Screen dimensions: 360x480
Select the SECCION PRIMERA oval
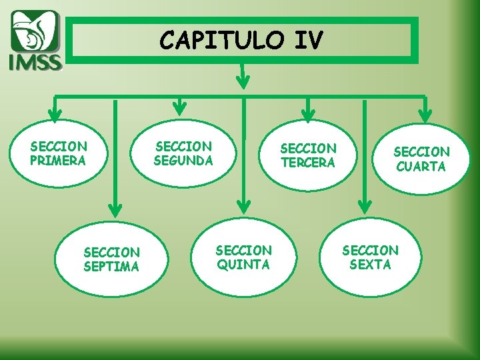click(x=59, y=153)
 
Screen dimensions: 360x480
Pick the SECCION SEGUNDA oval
click(x=183, y=153)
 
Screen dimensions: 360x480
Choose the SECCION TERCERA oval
click(x=308, y=155)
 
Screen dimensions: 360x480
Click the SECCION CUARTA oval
click(x=421, y=159)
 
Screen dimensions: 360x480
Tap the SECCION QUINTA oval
click(x=243, y=257)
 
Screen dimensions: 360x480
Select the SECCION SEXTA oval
click(x=370, y=257)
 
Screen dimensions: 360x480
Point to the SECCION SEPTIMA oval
click(x=111, y=259)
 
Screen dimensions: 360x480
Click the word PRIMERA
click(x=58, y=161)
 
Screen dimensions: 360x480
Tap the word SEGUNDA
click(x=183, y=161)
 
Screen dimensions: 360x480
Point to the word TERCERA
click(x=308, y=163)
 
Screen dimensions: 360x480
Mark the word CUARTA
click(x=421, y=167)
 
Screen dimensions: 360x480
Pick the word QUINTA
click(x=243, y=265)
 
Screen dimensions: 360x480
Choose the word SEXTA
click(x=370, y=265)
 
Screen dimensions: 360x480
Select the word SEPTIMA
click(x=111, y=267)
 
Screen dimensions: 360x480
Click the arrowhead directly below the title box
click(x=244, y=82)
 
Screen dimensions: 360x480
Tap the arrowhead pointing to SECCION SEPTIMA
click(x=115, y=209)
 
